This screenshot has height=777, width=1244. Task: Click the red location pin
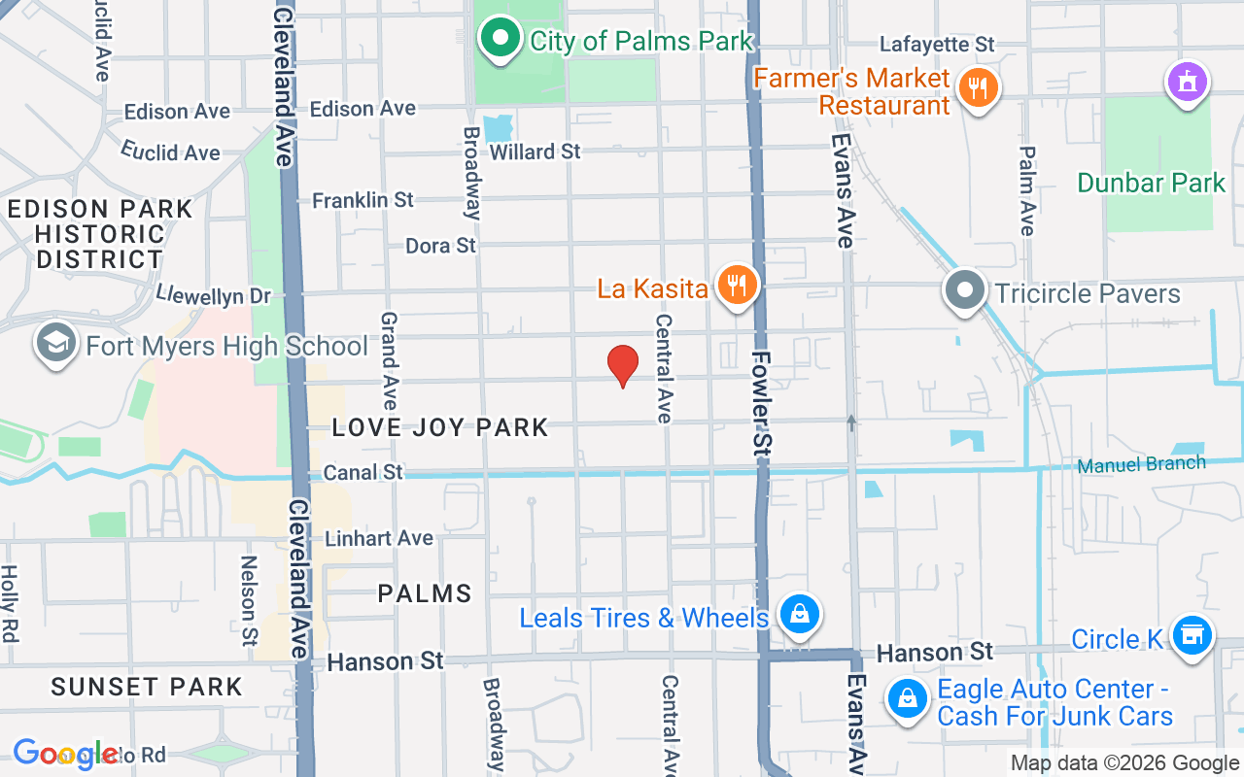(x=622, y=365)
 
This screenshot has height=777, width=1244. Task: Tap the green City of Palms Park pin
(x=501, y=39)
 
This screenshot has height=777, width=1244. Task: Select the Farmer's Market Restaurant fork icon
(x=978, y=89)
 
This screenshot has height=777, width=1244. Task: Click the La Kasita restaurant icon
(x=738, y=286)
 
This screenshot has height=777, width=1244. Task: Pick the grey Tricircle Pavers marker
(x=965, y=290)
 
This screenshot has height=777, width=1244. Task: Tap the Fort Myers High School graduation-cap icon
(x=56, y=344)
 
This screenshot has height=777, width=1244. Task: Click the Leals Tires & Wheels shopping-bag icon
(x=799, y=614)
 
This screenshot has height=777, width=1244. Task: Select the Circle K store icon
(x=1192, y=635)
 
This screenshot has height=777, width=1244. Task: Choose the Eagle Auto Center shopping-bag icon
(x=907, y=699)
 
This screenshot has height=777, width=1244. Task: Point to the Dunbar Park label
(x=1152, y=183)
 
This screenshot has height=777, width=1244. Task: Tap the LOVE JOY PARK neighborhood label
(x=440, y=427)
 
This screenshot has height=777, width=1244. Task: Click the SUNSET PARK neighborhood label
(x=147, y=687)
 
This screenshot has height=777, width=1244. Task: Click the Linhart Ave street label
(x=379, y=538)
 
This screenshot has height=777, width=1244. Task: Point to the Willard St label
(x=535, y=152)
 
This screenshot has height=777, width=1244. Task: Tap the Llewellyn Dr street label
(x=214, y=294)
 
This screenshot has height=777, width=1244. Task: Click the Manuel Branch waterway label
(x=1141, y=465)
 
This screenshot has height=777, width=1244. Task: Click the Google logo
(x=66, y=755)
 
